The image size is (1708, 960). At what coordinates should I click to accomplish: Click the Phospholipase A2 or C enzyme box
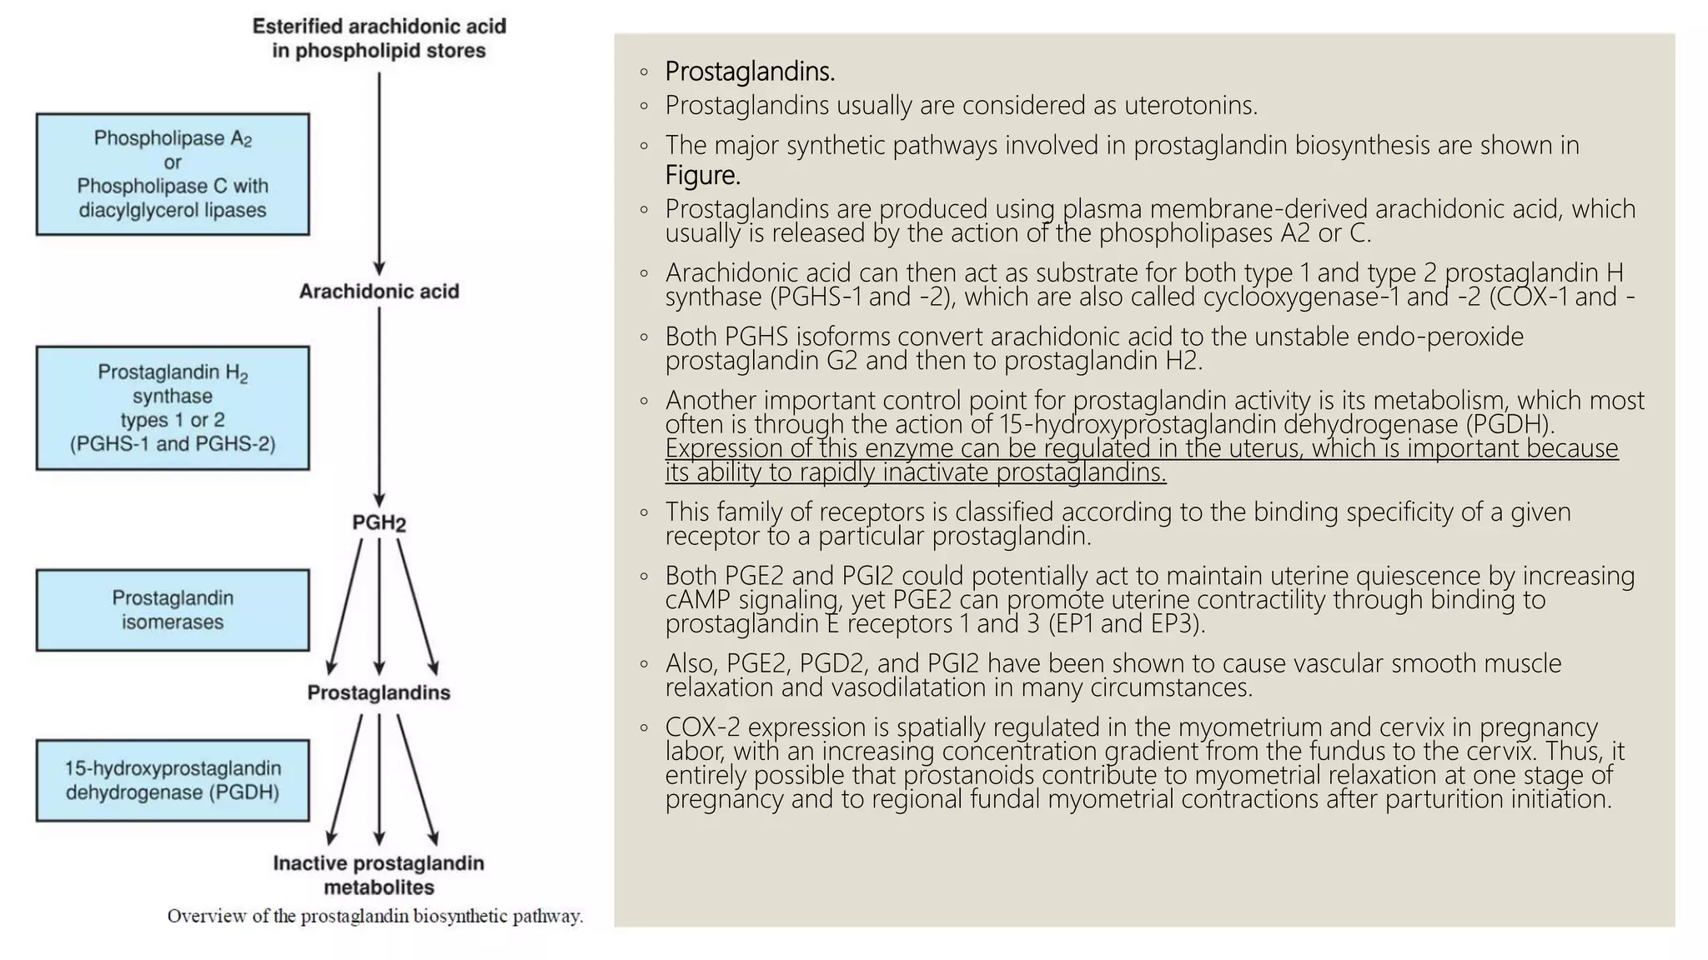click(x=173, y=174)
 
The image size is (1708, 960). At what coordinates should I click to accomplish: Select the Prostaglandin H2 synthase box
click(x=173, y=407)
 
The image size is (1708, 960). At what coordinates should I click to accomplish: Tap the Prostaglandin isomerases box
click(x=173, y=610)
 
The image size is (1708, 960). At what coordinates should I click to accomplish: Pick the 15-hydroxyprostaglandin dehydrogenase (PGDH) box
click(x=173, y=780)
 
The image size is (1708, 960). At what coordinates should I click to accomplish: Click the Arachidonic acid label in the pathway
click(x=379, y=292)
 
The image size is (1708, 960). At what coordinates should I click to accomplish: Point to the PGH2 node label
click(x=379, y=523)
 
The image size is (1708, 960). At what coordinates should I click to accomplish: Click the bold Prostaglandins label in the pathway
click(x=379, y=692)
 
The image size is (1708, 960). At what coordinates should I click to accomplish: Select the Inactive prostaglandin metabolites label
click(x=379, y=875)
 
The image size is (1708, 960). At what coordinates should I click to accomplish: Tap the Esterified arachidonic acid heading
click(x=379, y=38)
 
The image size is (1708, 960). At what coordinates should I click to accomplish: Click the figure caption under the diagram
click(x=375, y=917)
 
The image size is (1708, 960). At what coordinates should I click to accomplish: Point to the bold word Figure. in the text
click(x=702, y=176)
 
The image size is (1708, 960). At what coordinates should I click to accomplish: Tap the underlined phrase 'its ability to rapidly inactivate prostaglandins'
click(x=915, y=472)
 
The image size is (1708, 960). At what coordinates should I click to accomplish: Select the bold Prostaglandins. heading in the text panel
click(x=750, y=72)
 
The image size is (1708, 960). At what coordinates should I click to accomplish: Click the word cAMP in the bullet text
click(x=698, y=600)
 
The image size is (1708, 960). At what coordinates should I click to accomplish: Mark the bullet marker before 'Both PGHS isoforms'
click(x=644, y=337)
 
